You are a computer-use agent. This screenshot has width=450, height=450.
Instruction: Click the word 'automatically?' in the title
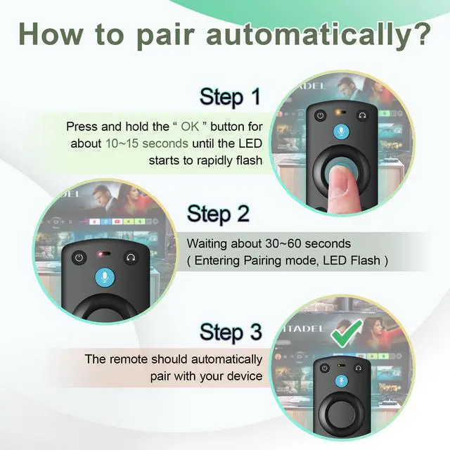(319, 36)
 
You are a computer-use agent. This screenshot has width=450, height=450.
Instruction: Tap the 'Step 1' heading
(230, 97)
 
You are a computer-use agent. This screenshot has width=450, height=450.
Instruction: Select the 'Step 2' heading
(218, 214)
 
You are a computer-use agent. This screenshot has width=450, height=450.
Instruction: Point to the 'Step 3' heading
(231, 332)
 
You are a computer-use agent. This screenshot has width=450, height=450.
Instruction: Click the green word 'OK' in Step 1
(190, 127)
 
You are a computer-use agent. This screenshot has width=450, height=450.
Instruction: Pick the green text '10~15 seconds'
(147, 143)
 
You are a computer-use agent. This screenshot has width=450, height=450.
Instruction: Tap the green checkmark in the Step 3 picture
(347, 333)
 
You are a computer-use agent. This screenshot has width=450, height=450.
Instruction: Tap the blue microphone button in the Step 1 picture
(341, 131)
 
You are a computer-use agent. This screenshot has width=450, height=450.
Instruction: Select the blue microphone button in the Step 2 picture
(105, 277)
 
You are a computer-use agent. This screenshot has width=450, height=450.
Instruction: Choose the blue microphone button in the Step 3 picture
(342, 381)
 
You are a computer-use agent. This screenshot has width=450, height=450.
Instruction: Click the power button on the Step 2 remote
(79, 258)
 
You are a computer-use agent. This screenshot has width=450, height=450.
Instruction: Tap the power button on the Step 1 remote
(321, 116)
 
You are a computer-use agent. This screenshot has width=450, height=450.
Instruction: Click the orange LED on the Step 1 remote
(340, 112)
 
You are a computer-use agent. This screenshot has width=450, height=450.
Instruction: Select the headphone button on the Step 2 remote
(131, 257)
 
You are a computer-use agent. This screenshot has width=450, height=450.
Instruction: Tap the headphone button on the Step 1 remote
(363, 115)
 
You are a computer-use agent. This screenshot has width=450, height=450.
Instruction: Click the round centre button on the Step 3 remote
(341, 413)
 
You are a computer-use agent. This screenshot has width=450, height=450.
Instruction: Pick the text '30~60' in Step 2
(283, 244)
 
